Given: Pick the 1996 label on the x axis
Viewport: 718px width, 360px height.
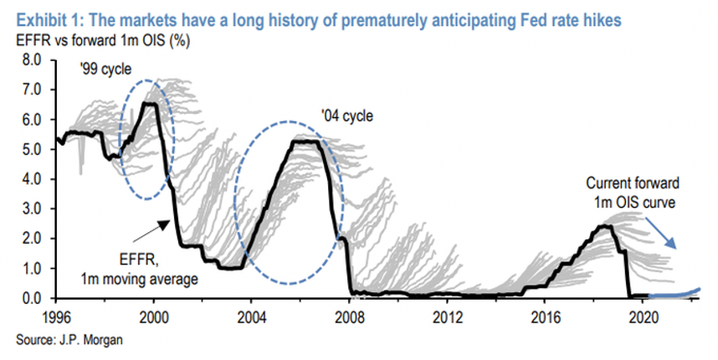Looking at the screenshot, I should (56, 316).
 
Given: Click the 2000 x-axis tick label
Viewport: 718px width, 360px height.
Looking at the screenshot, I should (154, 316).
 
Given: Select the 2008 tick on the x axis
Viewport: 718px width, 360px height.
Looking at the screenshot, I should (349, 316).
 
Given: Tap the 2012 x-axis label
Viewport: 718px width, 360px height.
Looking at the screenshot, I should (447, 316).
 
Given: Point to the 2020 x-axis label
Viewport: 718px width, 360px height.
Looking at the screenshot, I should (642, 316).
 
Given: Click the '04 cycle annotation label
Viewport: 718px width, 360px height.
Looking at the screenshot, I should (344, 116).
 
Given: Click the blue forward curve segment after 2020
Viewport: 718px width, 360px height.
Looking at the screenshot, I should (674, 294).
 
